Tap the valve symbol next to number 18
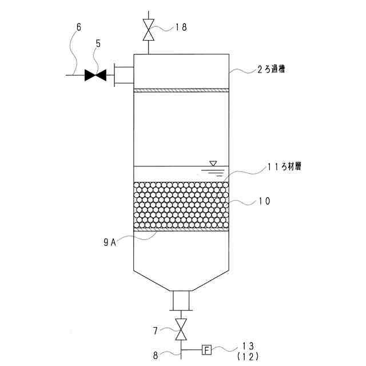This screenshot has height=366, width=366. click(149, 30)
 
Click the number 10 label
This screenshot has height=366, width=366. click(264, 201)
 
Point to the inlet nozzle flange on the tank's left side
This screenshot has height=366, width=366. click(122, 75)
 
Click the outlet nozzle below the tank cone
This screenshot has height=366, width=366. click(181, 301)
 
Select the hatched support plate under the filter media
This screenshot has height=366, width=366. click(181, 230)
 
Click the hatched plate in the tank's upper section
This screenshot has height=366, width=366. click(181, 90)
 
